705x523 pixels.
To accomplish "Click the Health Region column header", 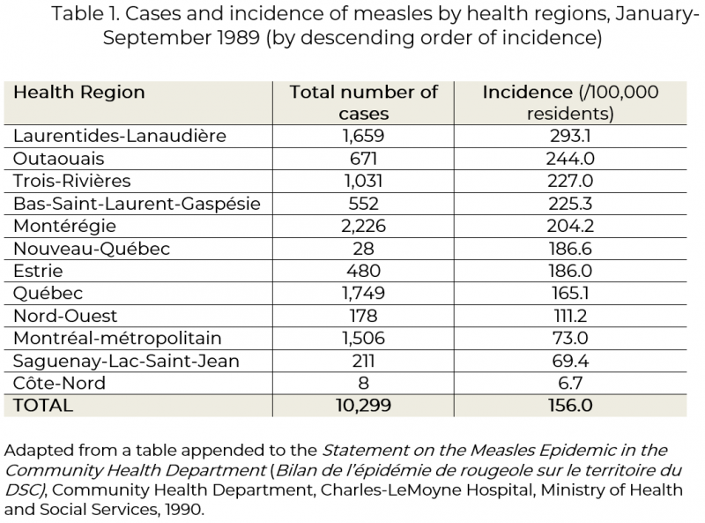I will (79, 93).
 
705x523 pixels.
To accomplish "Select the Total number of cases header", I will (363, 103).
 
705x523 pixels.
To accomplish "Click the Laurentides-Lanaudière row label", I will (120, 136).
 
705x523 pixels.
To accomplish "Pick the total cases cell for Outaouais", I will (363, 159).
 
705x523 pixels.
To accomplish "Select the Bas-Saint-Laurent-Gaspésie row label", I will (137, 204).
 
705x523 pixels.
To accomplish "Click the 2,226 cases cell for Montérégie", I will (363, 226).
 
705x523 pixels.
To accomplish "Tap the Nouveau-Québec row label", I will (92, 249).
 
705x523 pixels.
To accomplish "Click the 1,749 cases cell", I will (363, 294).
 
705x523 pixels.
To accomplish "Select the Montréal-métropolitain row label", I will (117, 339).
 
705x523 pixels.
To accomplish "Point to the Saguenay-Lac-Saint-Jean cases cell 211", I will (363, 361).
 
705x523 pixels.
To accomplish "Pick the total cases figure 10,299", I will (363, 406).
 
